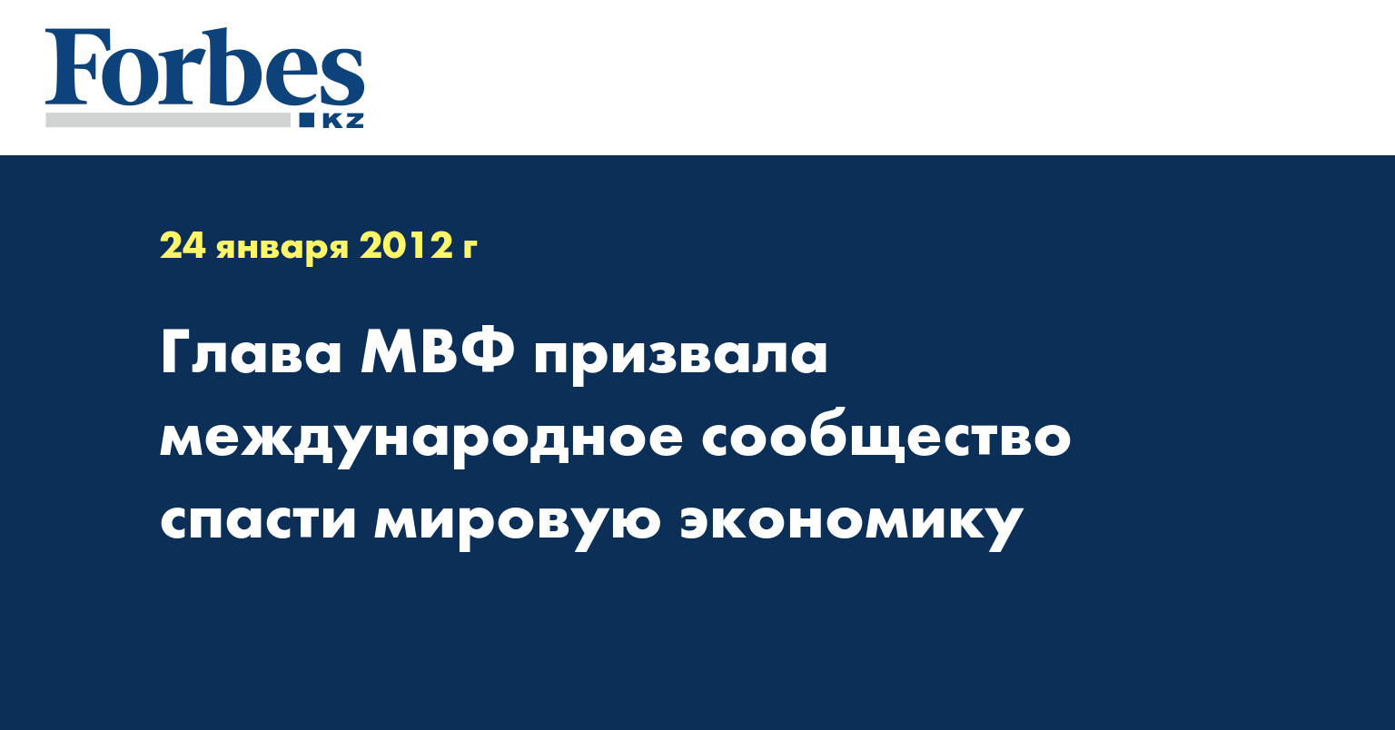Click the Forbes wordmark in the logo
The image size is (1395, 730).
(204, 66)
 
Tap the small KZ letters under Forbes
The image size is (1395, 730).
(343, 121)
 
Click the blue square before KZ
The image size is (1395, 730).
(306, 120)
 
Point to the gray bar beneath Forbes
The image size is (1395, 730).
(168, 120)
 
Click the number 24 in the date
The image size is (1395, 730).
(183, 246)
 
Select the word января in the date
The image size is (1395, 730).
(282, 249)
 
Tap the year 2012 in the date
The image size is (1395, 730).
(405, 246)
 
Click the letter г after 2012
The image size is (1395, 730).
(470, 249)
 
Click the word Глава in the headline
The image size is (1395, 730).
(251, 353)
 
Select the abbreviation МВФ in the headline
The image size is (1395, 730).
(439, 352)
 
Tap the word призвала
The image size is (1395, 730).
(680, 358)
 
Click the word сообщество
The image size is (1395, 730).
(886, 436)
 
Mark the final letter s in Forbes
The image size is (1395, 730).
(344, 77)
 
